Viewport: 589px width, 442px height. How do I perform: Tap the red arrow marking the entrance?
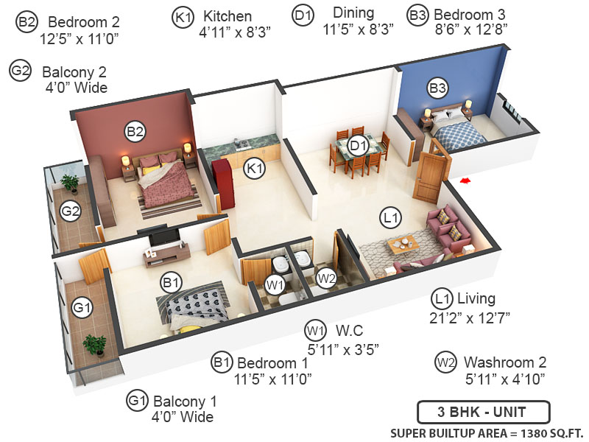[464, 180]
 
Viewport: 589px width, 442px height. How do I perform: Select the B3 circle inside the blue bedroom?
[437, 88]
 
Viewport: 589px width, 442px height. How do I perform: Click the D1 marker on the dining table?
[358, 145]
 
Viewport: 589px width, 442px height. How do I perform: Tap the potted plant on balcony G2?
[71, 182]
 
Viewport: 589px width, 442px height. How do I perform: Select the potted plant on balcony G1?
[94, 344]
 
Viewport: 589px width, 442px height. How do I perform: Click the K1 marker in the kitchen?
[255, 168]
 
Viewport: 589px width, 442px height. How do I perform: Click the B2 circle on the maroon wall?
[134, 132]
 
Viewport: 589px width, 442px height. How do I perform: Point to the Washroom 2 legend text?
[505, 362]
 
